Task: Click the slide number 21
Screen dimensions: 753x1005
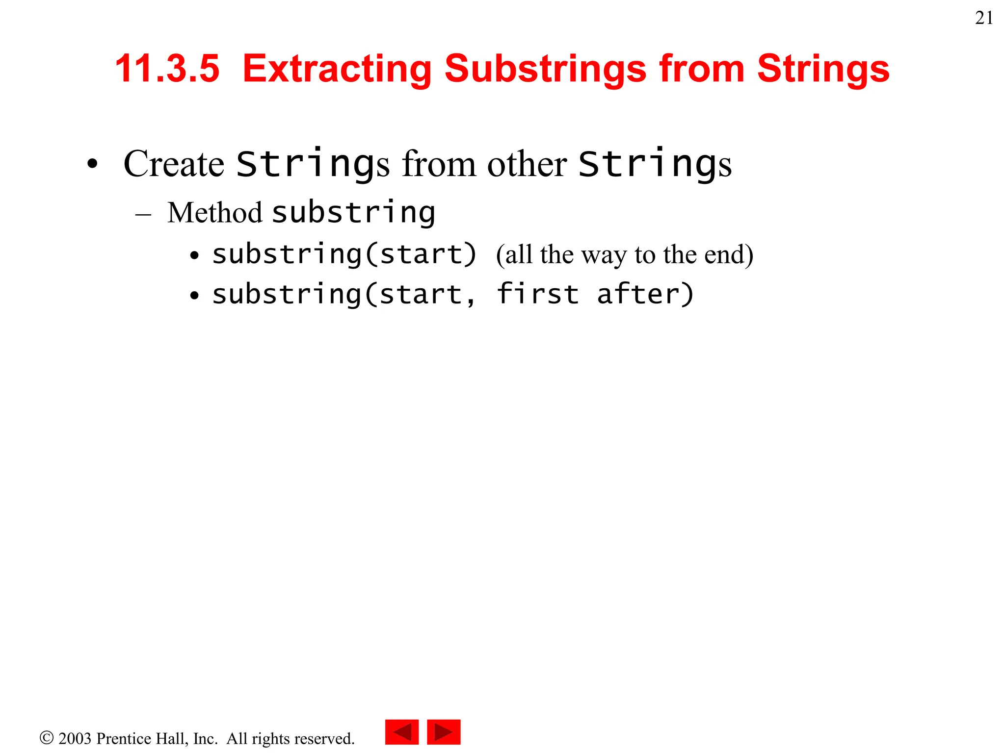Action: (984, 18)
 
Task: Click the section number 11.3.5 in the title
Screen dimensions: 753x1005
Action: (167, 68)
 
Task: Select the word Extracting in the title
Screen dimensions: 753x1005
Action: (337, 68)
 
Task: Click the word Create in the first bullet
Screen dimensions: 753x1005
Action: (174, 164)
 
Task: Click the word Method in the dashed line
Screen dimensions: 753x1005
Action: (214, 213)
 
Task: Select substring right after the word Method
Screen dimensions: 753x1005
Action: (353, 213)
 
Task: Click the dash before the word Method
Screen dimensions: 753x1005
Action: (143, 215)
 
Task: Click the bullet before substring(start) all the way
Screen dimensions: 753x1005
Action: (195, 255)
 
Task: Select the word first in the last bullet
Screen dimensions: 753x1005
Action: (537, 294)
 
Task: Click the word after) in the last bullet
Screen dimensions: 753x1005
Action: (645, 294)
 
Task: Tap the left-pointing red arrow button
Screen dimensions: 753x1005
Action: (401, 732)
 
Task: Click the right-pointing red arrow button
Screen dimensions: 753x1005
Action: (444, 732)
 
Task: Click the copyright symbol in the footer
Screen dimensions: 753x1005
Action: (47, 738)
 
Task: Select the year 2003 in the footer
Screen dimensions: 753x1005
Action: (75, 738)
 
